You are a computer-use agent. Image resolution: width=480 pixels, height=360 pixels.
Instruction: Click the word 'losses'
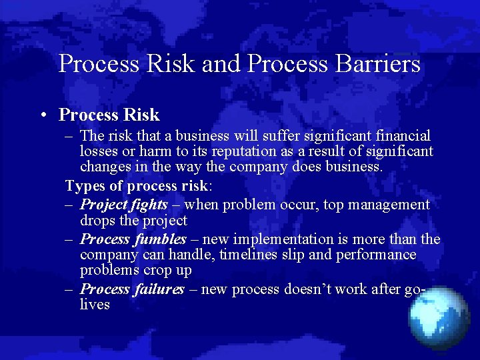pos(98,151)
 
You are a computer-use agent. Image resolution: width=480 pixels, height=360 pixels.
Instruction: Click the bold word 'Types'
pos(84,185)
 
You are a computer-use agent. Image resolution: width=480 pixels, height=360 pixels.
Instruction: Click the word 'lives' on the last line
pos(95,305)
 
